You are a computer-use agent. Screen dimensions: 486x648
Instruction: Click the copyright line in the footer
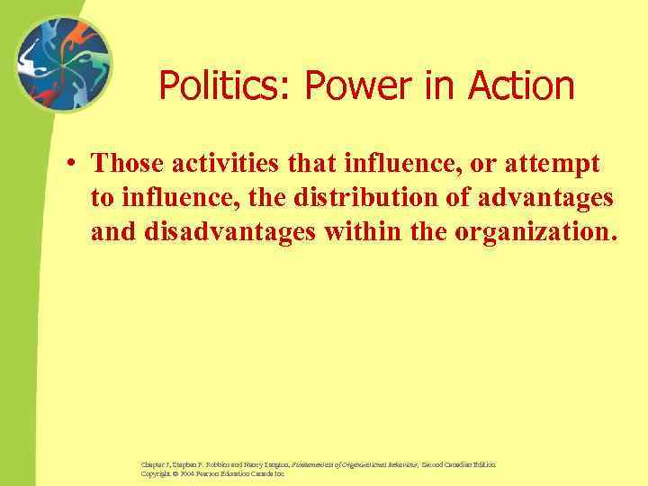(212, 472)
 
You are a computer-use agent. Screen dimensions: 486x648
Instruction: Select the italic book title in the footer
(355, 464)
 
